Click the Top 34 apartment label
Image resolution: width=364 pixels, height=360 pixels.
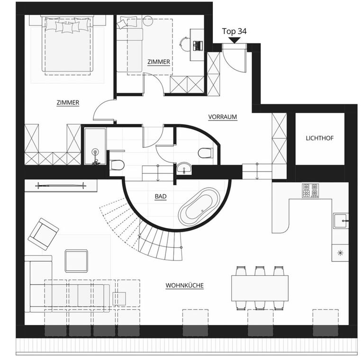[x=234, y=31]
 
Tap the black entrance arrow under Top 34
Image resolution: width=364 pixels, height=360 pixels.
[x=235, y=40]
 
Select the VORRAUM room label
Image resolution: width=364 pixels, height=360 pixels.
[x=222, y=117]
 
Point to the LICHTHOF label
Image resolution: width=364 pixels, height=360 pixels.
[x=319, y=138]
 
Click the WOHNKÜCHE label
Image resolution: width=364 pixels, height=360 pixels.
[x=184, y=285]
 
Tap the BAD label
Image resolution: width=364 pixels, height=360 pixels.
[x=161, y=197]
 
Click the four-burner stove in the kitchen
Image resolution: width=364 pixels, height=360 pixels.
[x=310, y=190]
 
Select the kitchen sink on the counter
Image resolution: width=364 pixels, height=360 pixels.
[x=341, y=221]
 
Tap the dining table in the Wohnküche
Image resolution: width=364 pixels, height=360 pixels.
[x=260, y=288]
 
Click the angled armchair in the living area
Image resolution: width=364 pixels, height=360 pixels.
[x=43, y=234]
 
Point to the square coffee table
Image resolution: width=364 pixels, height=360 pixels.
[x=76, y=261]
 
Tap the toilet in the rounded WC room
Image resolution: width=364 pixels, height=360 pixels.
[x=205, y=153]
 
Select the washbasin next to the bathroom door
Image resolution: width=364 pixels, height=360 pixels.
[x=184, y=168]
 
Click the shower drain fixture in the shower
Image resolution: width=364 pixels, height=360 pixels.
[x=95, y=153]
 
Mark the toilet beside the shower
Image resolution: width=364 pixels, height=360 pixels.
[x=117, y=165]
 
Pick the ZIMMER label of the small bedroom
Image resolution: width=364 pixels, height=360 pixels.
[x=159, y=62]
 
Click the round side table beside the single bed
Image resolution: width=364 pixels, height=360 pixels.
[x=148, y=20]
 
